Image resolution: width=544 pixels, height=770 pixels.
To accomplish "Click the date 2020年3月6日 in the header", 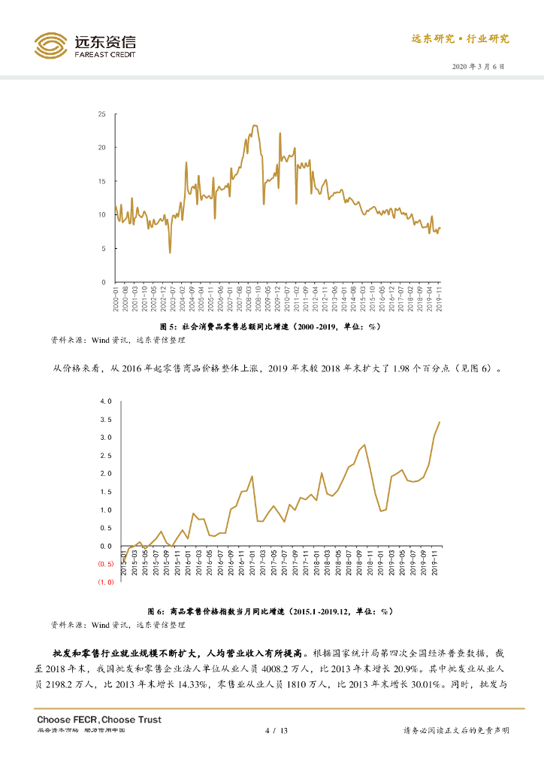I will (479, 66).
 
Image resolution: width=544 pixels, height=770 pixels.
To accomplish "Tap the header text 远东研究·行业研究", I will (460, 39).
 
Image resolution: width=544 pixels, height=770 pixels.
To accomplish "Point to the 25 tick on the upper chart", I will (101, 114).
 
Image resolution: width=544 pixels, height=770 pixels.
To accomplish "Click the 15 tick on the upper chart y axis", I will (101, 181).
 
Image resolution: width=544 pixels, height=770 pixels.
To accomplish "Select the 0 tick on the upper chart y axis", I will (104, 282).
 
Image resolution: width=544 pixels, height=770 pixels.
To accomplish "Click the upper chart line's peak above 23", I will (255, 126).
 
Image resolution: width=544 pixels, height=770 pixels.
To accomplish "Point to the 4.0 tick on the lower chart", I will (106, 402).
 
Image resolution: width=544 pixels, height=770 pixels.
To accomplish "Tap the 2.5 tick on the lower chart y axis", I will (106, 456).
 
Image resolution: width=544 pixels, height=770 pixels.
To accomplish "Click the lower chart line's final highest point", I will (440, 422).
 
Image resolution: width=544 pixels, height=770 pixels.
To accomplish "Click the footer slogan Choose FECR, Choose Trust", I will (99, 720).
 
